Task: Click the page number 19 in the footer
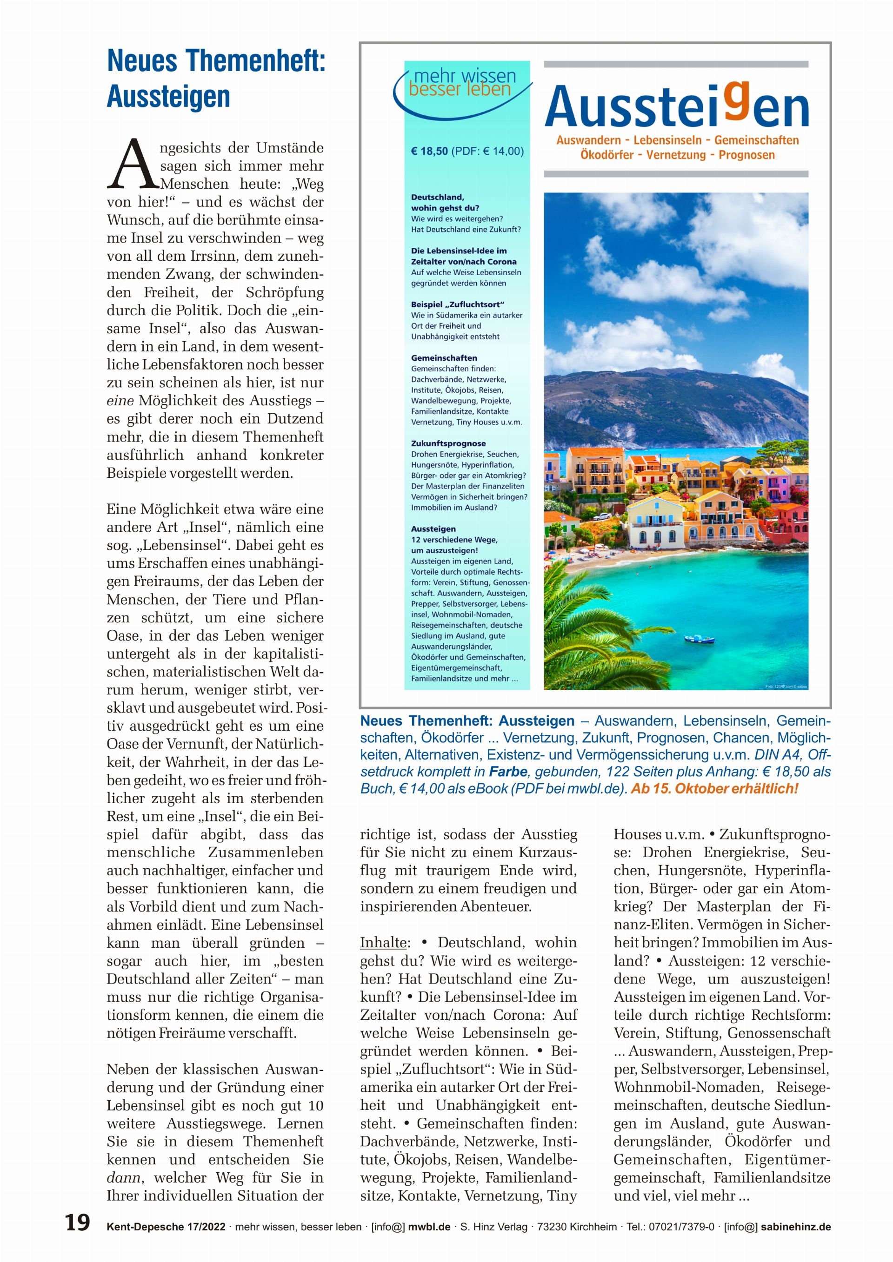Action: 78,1222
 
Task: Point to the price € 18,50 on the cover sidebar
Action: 429,152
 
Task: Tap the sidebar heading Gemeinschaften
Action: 444,358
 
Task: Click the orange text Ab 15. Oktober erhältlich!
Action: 714,789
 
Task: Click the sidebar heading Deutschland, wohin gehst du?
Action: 445,202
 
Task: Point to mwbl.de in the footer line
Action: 429,1227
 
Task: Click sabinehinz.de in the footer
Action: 796,1227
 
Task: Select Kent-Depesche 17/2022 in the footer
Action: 166,1227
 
